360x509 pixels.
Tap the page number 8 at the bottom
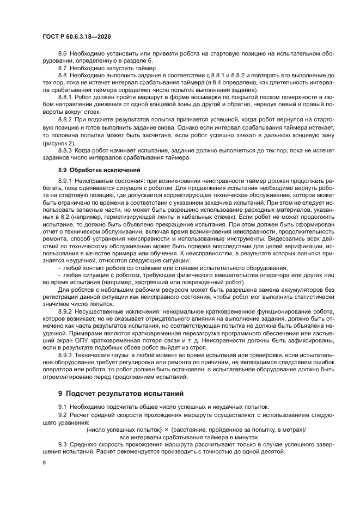tap(44, 462)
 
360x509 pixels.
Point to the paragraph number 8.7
tap(63, 69)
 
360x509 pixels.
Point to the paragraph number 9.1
tap(63, 407)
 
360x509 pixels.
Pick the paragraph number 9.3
tap(63, 444)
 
